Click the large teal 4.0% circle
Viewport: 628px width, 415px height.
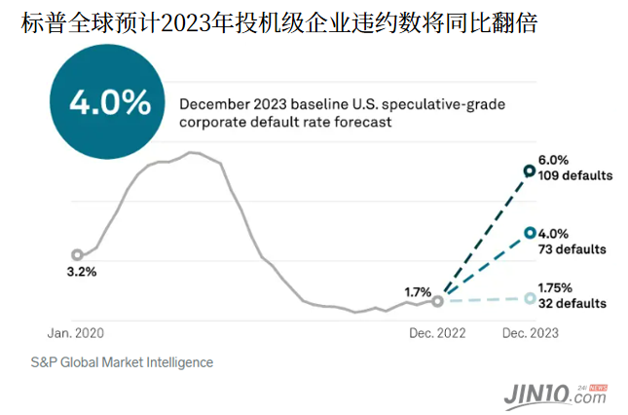click(x=109, y=102)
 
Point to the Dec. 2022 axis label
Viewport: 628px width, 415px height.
click(x=435, y=332)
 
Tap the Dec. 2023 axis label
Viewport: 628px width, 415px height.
click(x=530, y=332)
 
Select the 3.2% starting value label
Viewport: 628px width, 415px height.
click(x=81, y=272)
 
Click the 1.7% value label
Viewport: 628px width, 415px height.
click(x=418, y=290)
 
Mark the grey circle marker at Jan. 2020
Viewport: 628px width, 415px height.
click(x=77, y=255)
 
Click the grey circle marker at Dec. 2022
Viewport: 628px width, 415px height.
click(x=437, y=301)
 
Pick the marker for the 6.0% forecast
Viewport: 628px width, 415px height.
click(x=529, y=171)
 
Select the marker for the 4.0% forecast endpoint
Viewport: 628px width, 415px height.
click(x=529, y=233)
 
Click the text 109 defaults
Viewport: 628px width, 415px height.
click(x=574, y=176)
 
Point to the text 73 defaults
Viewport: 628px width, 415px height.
click(x=572, y=249)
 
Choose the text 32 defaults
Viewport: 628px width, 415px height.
click(x=572, y=303)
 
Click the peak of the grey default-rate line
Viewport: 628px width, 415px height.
click(x=191, y=152)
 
